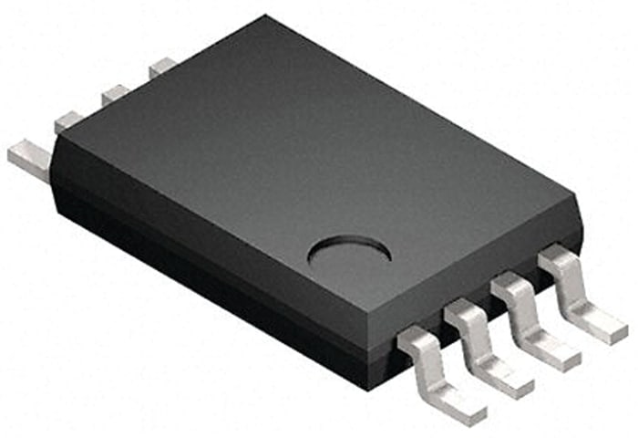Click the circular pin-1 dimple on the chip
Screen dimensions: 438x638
click(x=349, y=251)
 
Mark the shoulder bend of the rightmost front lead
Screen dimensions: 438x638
click(x=557, y=259)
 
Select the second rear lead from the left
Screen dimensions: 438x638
click(x=68, y=121)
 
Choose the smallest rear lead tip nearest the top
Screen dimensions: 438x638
click(x=162, y=66)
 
